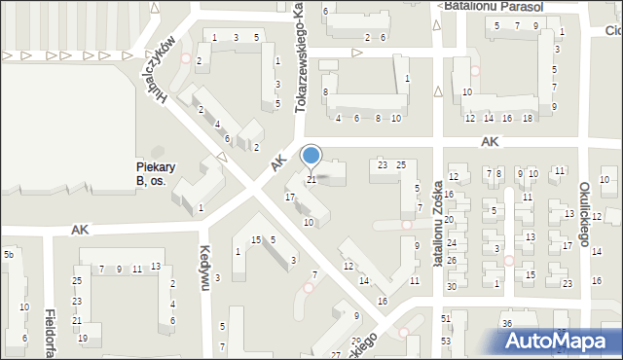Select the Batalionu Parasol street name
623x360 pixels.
490,6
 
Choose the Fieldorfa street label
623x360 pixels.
49,331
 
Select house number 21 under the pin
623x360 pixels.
311,179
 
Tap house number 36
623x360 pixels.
506,323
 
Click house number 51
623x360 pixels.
446,319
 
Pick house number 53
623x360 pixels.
446,341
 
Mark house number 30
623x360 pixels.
451,286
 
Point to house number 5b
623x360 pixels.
8,254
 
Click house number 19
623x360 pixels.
83,338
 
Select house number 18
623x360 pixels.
527,118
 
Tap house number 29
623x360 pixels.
355,342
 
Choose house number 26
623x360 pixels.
451,260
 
